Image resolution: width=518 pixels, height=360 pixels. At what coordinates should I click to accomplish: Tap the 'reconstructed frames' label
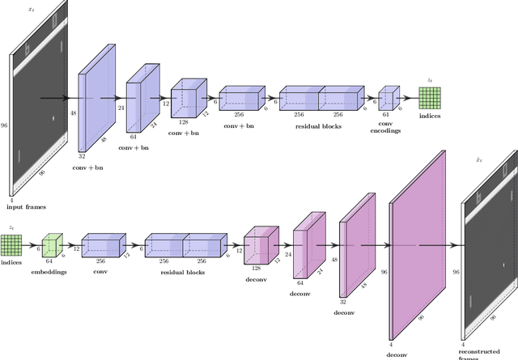483,354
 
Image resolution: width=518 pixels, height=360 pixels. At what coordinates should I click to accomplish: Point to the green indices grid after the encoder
429,99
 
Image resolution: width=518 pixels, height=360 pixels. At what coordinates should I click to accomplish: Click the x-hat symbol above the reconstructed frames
479,161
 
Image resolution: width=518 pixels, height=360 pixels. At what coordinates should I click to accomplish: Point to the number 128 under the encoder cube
183,120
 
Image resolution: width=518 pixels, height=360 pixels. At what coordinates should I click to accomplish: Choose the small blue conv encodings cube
388,99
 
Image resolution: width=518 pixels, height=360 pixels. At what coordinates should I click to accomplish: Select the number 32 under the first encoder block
83,155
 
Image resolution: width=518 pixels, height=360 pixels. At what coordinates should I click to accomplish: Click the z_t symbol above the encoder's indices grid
429,80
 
